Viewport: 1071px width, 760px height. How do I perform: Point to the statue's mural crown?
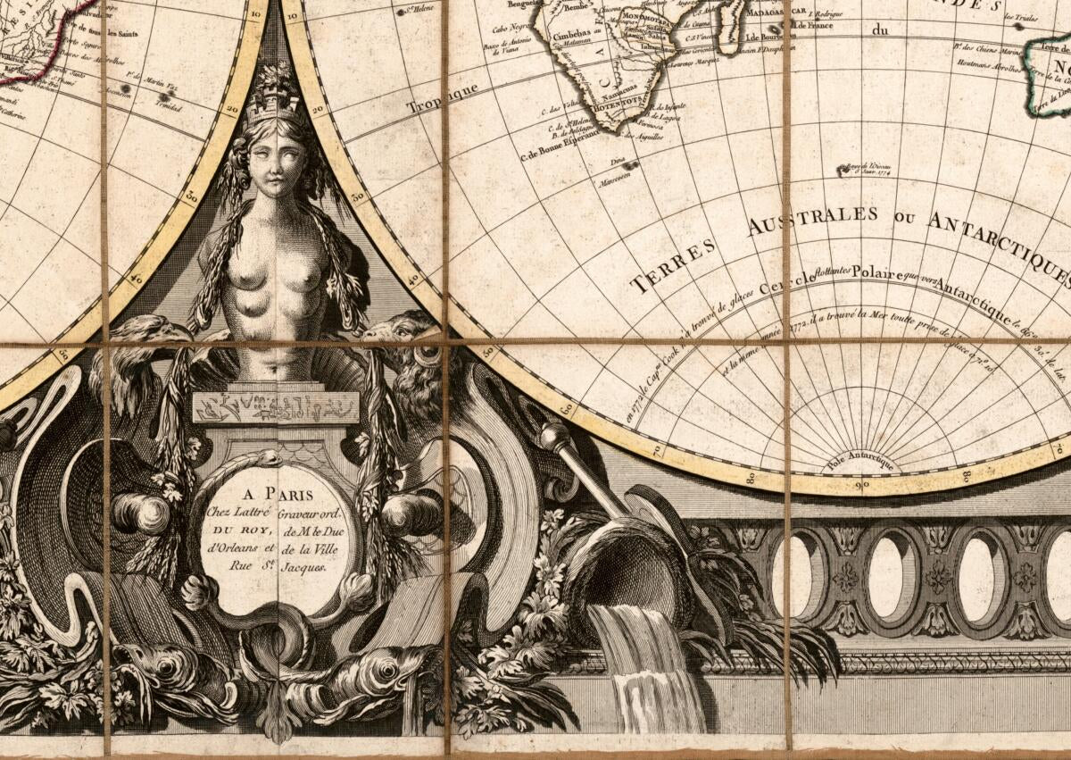click(x=274, y=103)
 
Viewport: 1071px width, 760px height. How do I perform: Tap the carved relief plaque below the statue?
click(x=276, y=407)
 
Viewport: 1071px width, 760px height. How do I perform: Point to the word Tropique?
click(x=437, y=100)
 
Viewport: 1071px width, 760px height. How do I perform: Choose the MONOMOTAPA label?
click(x=645, y=18)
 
